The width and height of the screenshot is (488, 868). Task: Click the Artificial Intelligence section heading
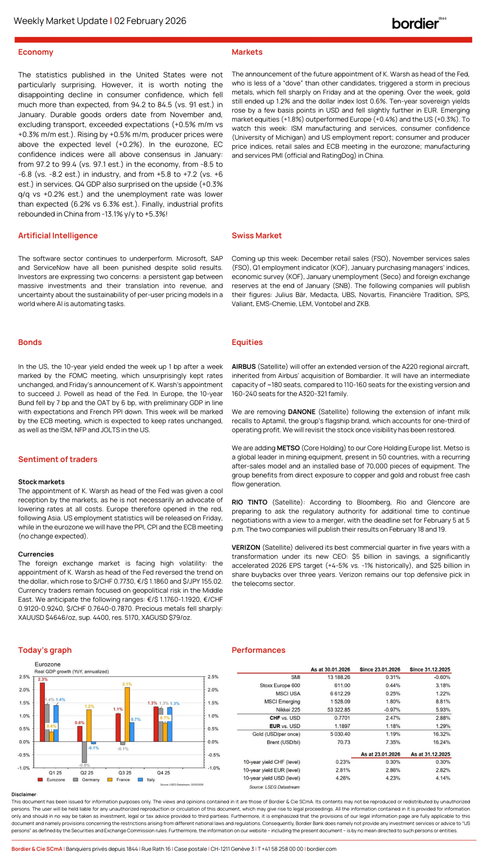[x=58, y=235]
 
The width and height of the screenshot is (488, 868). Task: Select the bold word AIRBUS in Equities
[x=243, y=367]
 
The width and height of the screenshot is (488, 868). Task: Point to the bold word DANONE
[x=301, y=412]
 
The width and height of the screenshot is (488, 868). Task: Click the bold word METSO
[x=288, y=448]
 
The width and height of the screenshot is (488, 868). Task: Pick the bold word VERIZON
[x=246, y=547]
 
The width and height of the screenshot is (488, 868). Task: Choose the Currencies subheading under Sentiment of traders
[x=36, y=554]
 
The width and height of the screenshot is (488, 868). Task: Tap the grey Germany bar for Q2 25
[x=84, y=752]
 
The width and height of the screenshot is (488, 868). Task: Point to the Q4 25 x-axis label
[x=163, y=772]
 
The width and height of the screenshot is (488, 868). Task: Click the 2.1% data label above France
[x=127, y=684]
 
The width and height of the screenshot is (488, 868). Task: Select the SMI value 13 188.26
[x=339, y=677]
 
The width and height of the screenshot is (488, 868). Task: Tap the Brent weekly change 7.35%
[x=393, y=742]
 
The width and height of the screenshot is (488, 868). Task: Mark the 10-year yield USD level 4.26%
[x=343, y=778]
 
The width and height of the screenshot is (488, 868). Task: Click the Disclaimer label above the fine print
[x=24, y=794]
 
